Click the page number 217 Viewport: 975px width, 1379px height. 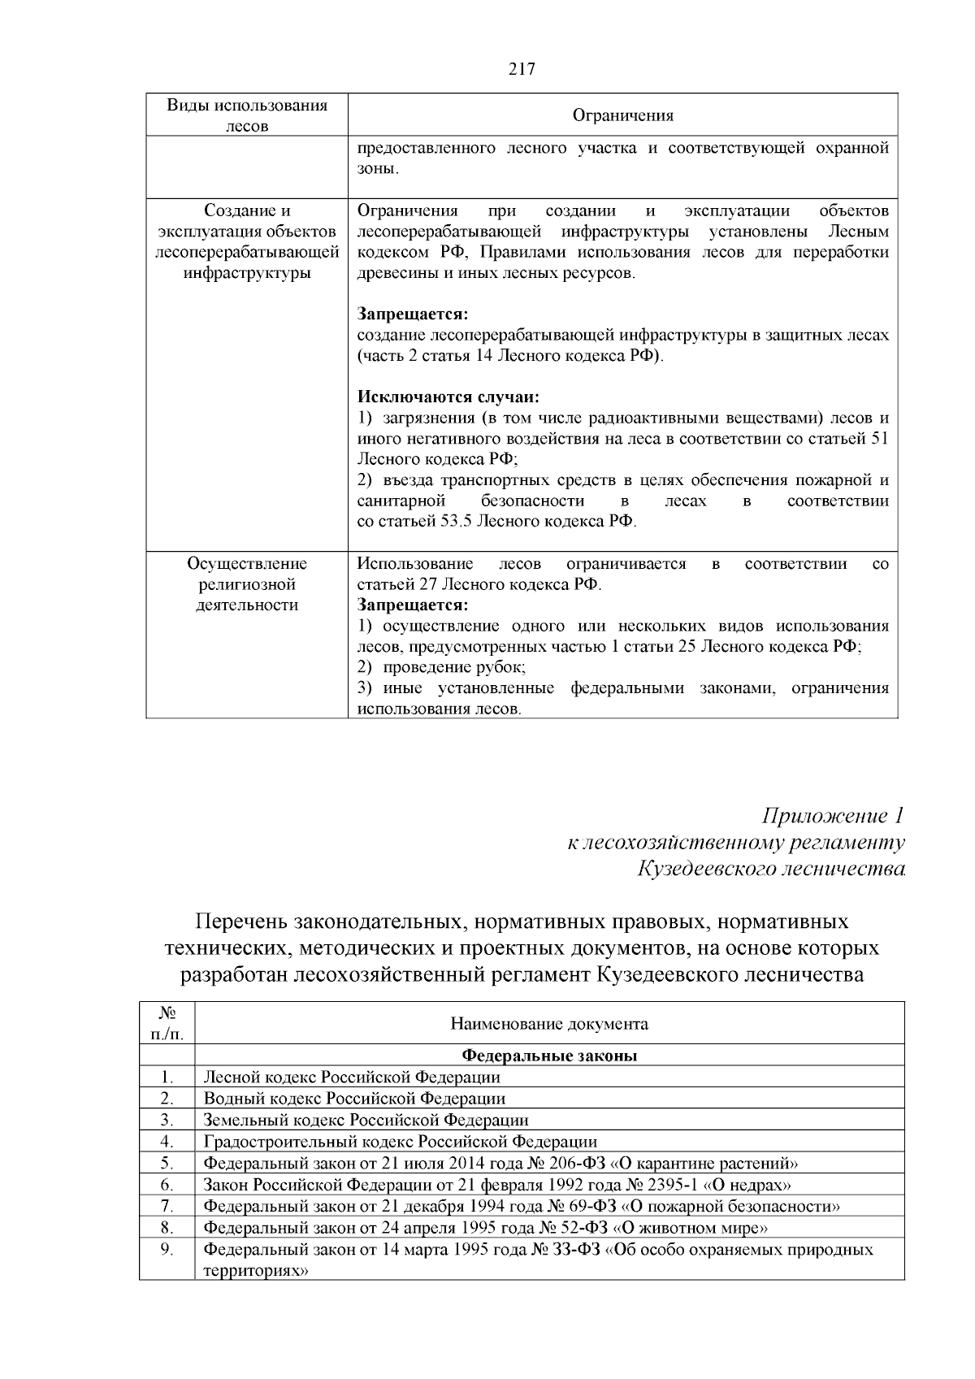point(522,69)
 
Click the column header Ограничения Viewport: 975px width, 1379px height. point(622,115)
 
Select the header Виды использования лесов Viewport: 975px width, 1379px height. point(247,115)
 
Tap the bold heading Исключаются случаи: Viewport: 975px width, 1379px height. point(448,397)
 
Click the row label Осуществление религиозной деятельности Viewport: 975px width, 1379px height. point(247,584)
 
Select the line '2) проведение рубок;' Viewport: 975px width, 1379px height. point(442,667)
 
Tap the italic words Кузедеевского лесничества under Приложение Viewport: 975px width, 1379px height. point(770,869)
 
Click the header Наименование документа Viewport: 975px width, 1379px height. point(549,1023)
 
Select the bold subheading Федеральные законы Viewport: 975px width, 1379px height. point(549,1056)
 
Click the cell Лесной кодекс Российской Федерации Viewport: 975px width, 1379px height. point(352,1077)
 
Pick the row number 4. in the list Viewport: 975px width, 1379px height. point(167,1142)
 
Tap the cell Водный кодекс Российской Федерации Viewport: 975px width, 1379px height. point(354,1099)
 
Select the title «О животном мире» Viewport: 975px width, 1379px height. point(691,1227)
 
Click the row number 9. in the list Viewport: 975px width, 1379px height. point(167,1249)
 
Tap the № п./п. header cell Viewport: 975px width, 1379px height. point(167,1023)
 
